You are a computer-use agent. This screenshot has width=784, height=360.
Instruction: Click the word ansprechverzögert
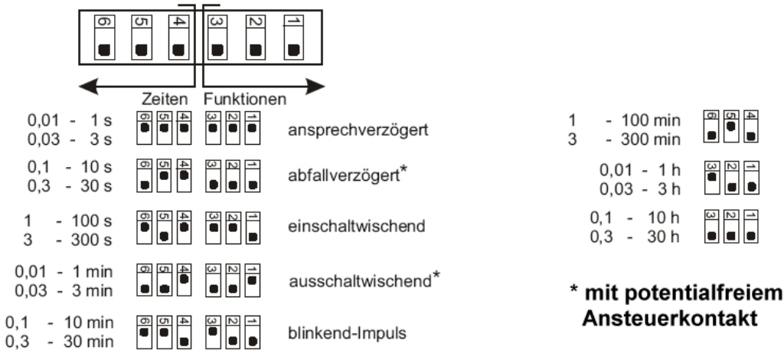pyautogui.click(x=358, y=130)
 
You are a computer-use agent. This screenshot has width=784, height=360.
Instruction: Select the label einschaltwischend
pyautogui.click(x=357, y=226)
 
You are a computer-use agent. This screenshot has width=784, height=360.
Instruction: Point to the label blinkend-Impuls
pyautogui.click(x=347, y=333)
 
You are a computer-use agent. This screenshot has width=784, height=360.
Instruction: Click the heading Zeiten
pyautogui.click(x=165, y=99)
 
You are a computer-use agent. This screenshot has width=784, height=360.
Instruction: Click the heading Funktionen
pyautogui.click(x=245, y=99)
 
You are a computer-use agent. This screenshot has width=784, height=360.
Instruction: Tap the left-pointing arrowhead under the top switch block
pyautogui.click(x=89, y=87)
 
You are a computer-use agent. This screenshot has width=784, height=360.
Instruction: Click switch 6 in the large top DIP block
pyautogui.click(x=104, y=38)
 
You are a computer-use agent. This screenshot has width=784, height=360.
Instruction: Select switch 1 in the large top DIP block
pyautogui.click(x=293, y=38)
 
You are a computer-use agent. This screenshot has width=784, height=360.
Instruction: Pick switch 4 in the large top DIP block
pyautogui.click(x=178, y=38)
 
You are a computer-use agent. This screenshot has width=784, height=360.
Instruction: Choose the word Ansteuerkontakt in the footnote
pyautogui.click(x=669, y=319)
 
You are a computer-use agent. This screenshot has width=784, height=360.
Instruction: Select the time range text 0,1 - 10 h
pyautogui.click(x=635, y=218)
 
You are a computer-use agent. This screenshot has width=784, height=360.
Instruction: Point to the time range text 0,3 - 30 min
pyautogui.click(x=60, y=342)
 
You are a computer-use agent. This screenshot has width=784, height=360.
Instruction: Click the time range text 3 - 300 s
pyautogui.click(x=68, y=240)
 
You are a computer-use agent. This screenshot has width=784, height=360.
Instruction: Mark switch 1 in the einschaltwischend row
pyautogui.click(x=253, y=227)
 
